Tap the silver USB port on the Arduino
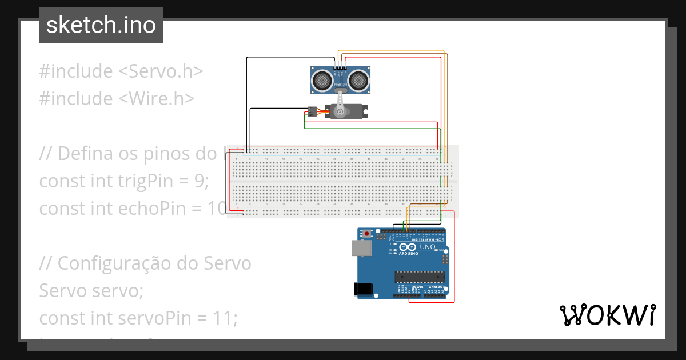360,247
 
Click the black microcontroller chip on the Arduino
420,277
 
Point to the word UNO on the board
428,247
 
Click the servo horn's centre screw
340,112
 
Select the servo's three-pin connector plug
312,111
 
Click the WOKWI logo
607,315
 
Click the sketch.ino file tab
101,25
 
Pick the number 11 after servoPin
228,318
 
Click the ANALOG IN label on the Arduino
436,287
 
